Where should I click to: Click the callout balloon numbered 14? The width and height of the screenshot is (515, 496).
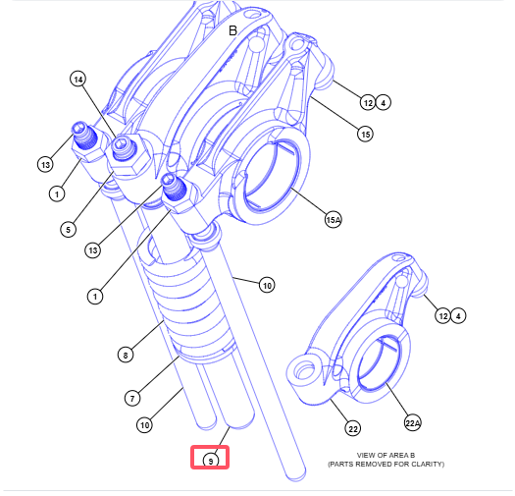[x=78, y=80]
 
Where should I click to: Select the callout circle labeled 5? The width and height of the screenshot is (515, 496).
[x=69, y=229]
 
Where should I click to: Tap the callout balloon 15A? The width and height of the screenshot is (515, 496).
[x=334, y=219]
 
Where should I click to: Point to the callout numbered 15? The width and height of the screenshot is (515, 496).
[x=365, y=135]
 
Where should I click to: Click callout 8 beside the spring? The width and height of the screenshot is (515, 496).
[x=126, y=355]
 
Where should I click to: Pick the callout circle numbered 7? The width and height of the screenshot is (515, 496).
[x=132, y=399]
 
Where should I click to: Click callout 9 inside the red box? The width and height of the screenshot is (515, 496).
[x=211, y=460]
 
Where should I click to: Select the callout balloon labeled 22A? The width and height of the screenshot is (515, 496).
[x=413, y=422]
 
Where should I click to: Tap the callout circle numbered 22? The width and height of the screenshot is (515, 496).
[x=353, y=429]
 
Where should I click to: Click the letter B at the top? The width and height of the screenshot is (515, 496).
[x=232, y=30]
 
